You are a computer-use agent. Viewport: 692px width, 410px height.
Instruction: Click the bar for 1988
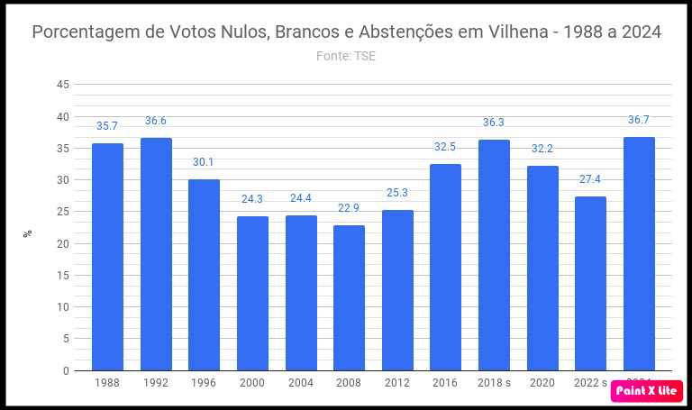108,257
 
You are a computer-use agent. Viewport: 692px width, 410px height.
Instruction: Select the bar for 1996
204,275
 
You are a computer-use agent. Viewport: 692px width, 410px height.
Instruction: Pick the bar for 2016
445,267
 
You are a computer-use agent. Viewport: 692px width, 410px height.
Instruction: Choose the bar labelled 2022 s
590,283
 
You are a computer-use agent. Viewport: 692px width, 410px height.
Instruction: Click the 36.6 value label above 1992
156,121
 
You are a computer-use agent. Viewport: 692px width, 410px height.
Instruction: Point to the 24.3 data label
252,199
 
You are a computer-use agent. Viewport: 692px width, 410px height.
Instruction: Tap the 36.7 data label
639,120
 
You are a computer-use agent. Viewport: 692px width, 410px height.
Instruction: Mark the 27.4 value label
590,179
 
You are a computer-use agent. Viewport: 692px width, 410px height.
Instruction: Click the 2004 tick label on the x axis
301,383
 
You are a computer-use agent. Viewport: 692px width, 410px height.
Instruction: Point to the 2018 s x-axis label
494,383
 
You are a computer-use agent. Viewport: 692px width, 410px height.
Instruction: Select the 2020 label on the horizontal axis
542,383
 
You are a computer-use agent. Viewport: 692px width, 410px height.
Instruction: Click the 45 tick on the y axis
63,85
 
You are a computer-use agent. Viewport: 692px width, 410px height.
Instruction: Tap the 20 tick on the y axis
63,243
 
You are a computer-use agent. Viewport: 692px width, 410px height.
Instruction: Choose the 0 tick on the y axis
66,370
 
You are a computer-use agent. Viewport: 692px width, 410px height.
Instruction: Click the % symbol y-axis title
28,232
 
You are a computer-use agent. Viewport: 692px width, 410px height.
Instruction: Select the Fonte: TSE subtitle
346,56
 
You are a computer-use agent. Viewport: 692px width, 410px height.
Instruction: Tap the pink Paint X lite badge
646,391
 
